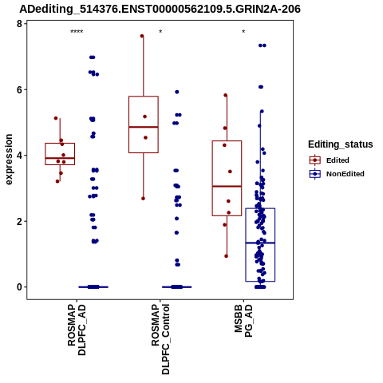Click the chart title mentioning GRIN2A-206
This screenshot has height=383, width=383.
point(160,9)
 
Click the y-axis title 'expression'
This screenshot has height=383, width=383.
point(9,160)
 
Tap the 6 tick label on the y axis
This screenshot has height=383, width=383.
point(19,89)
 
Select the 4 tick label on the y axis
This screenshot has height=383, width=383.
point(19,156)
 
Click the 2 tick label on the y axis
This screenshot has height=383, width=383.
point(19,221)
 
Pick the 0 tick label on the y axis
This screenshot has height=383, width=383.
point(19,287)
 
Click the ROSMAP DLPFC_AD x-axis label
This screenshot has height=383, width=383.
point(77,330)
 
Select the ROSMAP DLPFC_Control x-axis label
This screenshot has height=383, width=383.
point(160,339)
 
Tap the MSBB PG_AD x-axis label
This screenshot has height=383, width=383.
point(243,321)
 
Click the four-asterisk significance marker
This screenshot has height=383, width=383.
point(77,32)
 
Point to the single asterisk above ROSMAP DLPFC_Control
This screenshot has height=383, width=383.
point(160,32)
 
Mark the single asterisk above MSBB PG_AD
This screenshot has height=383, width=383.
point(243,32)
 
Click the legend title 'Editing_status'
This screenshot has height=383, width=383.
point(341,144)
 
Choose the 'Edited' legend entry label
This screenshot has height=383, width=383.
point(338,160)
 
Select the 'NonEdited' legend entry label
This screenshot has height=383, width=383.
point(345,174)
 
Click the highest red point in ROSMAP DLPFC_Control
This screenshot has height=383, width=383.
point(142,36)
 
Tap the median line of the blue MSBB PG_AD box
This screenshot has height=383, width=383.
point(260,243)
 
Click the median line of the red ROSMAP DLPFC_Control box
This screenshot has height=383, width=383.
point(144,127)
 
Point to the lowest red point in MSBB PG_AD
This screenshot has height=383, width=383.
point(227,256)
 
